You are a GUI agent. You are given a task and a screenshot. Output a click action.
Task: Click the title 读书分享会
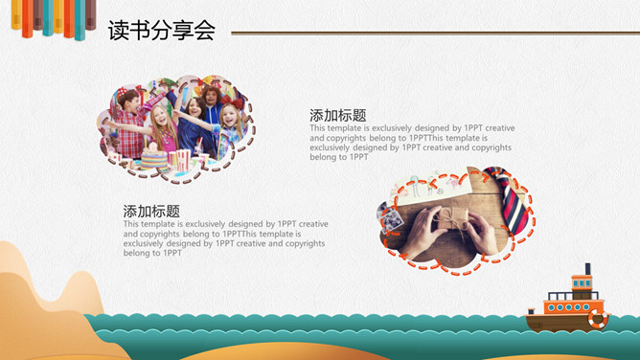pos(162,31)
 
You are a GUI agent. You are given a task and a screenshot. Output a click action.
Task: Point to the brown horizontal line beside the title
pos(435,33)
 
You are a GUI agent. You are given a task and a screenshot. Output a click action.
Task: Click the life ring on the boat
pos(598,319)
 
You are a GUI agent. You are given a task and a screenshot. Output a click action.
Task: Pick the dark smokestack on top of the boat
pos(587,269)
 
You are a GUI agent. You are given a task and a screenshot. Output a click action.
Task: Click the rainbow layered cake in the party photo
pos(154,159)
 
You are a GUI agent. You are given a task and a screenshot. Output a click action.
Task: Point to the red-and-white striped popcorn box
pos(183,159)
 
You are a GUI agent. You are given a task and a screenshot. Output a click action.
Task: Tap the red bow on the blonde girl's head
pos(232,101)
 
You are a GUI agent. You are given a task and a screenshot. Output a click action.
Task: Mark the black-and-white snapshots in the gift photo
pos(390,216)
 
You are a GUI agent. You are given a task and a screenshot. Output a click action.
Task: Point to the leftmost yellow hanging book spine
pos(16,14)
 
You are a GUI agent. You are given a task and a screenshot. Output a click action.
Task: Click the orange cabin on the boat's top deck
pos(582,282)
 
